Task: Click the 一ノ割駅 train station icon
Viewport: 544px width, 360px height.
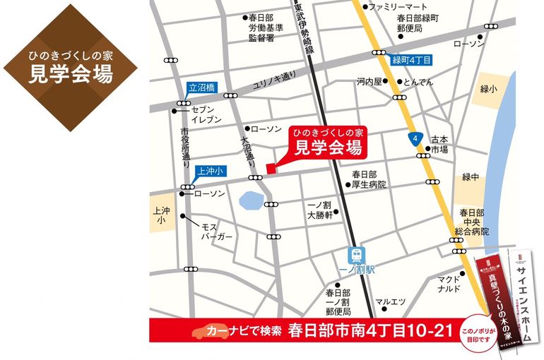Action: click(355, 255)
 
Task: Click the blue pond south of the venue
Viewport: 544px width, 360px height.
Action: click(250, 203)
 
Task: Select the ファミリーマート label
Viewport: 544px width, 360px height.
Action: click(394, 7)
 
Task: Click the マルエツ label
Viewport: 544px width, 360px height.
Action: click(391, 302)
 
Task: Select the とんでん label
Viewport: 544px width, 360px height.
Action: click(418, 81)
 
